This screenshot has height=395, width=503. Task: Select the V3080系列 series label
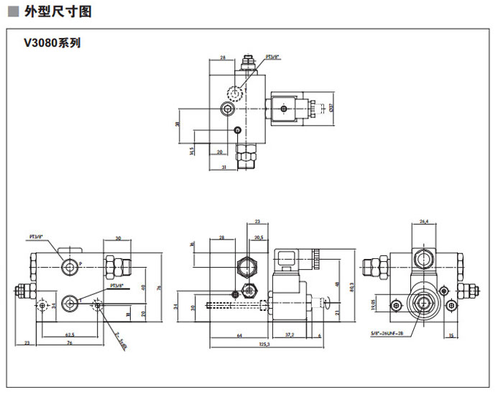[x=52, y=42]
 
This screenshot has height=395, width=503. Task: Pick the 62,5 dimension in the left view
[x=70, y=334]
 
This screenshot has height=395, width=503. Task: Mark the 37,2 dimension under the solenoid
[x=290, y=334]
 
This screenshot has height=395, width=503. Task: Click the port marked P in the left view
[x=70, y=267]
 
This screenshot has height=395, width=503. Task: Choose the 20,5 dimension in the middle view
[x=258, y=237]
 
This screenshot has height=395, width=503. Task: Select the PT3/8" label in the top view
[x=273, y=55]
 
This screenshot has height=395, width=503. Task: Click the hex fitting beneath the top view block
[x=246, y=153]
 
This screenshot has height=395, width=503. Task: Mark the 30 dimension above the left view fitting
[x=117, y=237]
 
